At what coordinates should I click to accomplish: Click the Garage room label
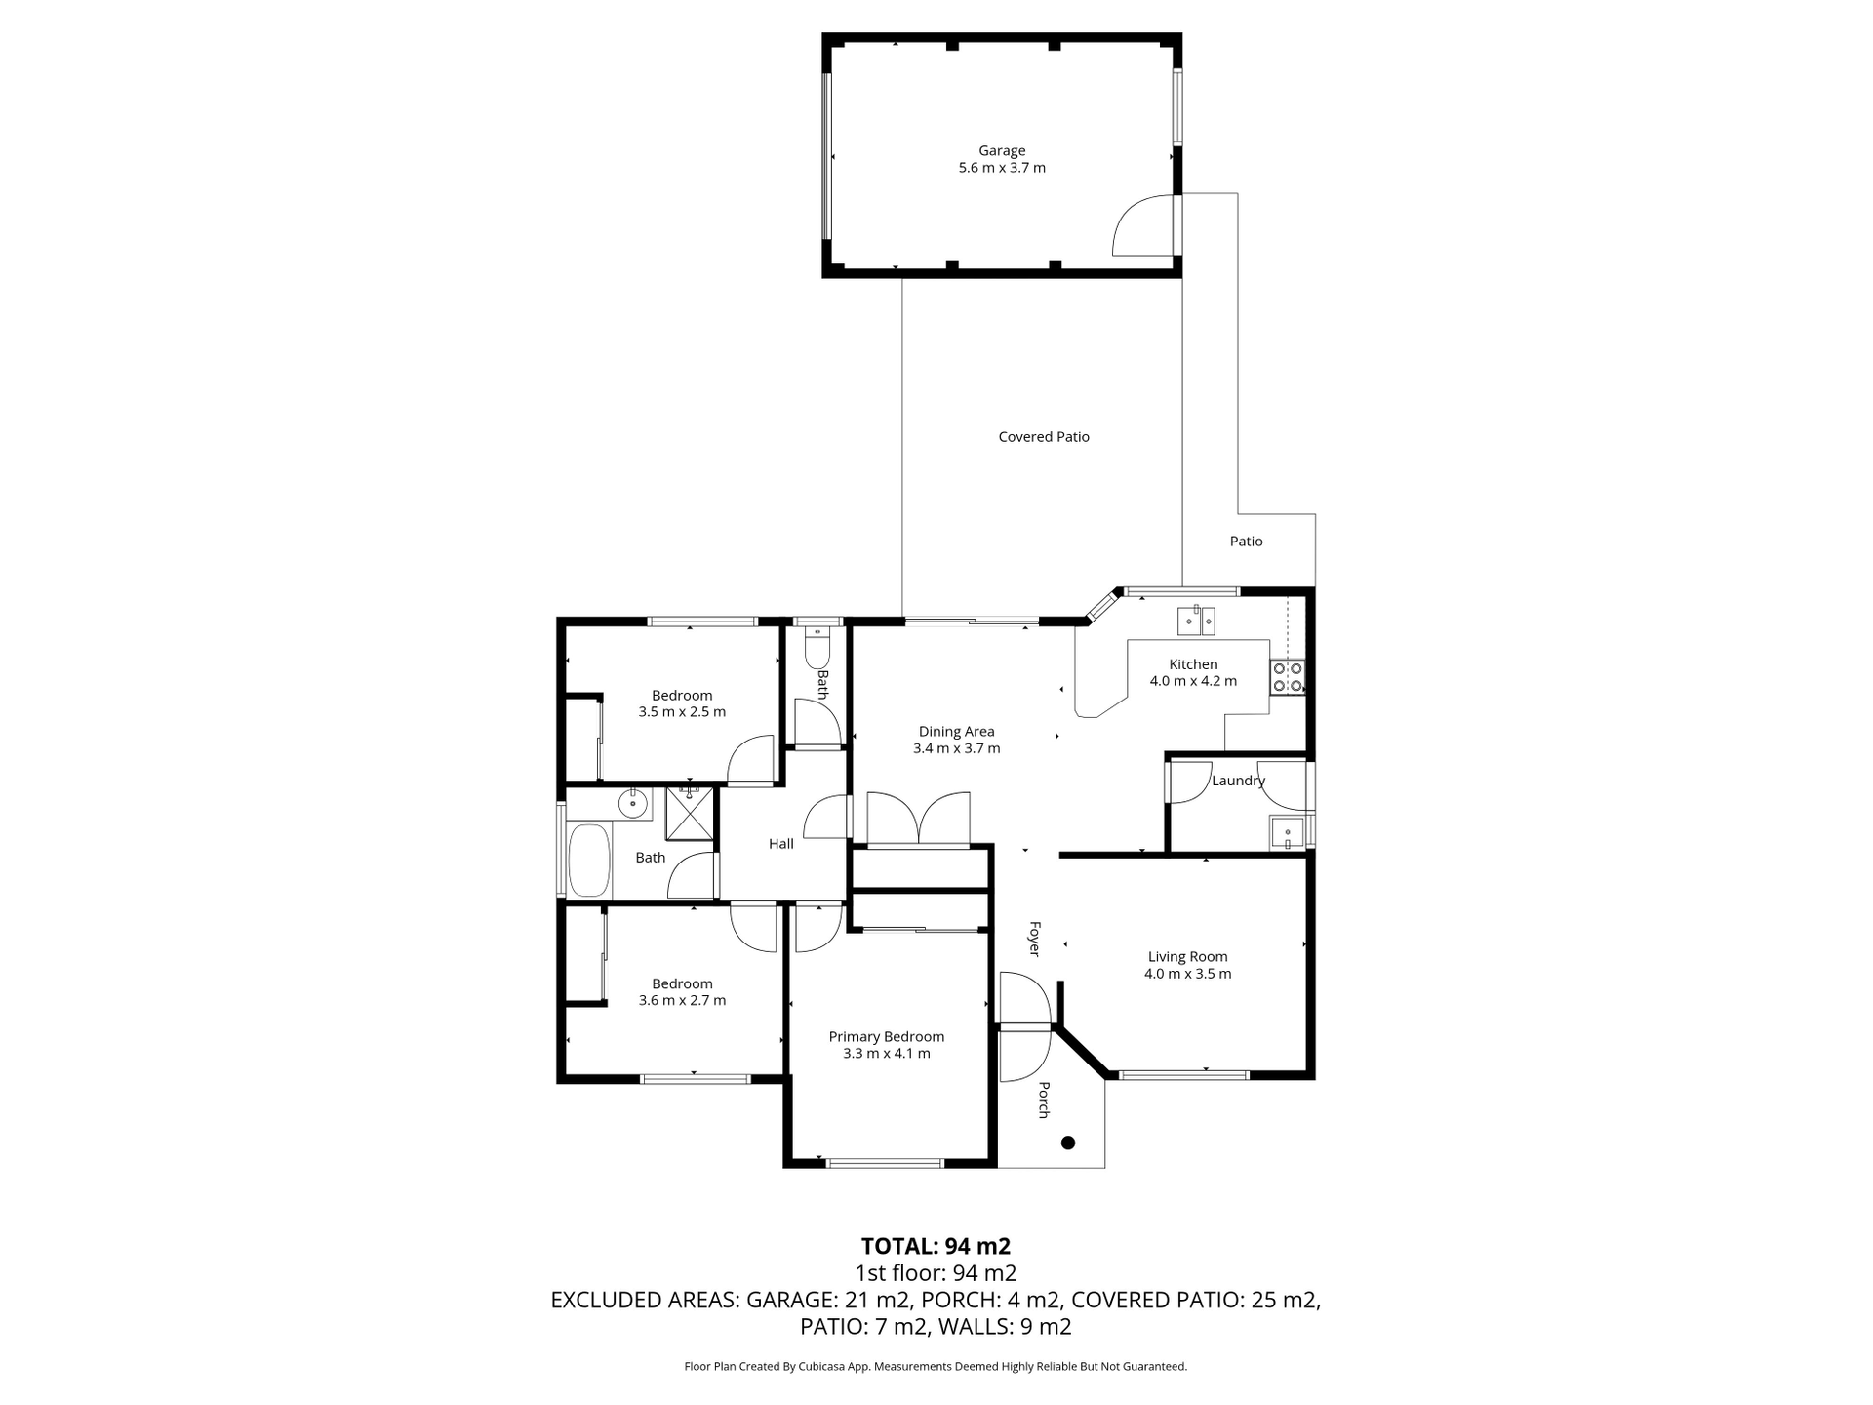(1002, 150)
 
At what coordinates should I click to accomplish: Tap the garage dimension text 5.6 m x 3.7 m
(1002, 168)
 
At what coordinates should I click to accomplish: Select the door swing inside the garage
(1143, 226)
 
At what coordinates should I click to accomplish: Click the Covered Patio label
(1044, 437)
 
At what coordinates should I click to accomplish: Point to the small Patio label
(1246, 542)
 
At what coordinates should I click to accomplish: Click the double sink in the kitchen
(1196, 620)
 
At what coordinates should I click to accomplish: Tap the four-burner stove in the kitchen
(1287, 676)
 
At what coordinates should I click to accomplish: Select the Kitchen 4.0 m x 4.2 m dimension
(1193, 681)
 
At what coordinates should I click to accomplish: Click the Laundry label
(1238, 781)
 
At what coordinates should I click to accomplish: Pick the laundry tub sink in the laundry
(1287, 833)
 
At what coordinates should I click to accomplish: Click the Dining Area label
(956, 732)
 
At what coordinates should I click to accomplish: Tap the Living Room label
(1187, 957)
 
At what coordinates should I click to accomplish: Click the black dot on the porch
(1068, 1143)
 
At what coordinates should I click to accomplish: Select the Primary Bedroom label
(886, 1037)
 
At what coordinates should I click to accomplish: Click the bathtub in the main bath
(588, 861)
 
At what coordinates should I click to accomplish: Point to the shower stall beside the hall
(691, 814)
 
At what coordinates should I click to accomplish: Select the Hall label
(780, 844)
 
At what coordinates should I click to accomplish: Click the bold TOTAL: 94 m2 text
(936, 1246)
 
